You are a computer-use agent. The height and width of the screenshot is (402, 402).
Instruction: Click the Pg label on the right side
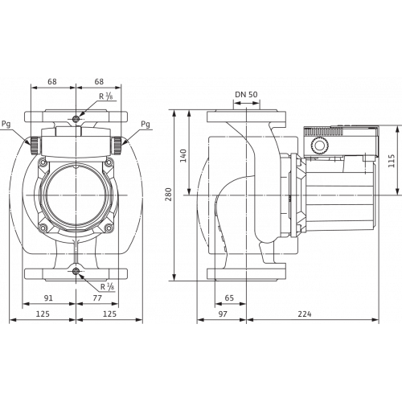point(144,125)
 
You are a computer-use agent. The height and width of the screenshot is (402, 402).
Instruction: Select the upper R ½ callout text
point(105,98)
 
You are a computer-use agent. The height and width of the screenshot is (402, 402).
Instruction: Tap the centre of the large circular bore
point(76,190)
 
